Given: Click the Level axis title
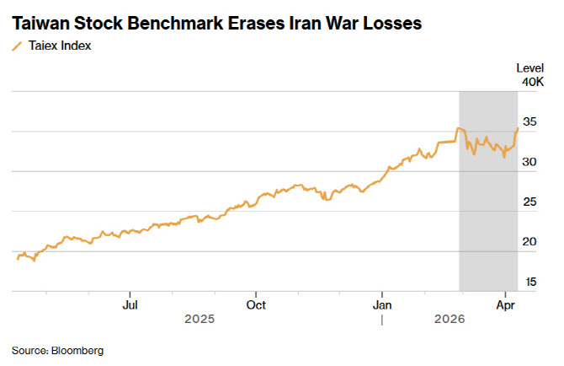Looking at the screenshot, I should [529, 68].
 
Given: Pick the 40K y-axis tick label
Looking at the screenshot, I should [532, 83].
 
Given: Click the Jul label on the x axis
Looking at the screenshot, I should [130, 304].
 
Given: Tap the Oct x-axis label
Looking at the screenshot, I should [256, 304].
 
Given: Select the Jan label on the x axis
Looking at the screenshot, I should [382, 304].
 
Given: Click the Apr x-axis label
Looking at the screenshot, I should [505, 304].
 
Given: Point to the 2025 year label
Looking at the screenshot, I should [200, 320].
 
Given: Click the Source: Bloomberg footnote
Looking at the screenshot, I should [57, 349].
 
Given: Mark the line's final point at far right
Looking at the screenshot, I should [517, 128].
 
